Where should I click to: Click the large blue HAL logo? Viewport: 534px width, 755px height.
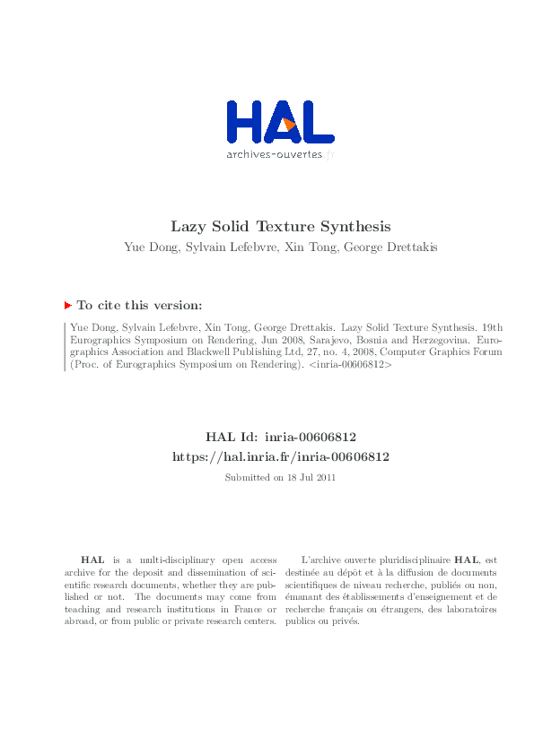[280, 121]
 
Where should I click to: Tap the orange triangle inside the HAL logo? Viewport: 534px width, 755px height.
[288, 125]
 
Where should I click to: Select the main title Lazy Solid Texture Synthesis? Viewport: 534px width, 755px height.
[281, 227]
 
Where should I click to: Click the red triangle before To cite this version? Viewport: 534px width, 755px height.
[68, 306]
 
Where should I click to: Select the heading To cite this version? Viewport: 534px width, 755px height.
[139, 306]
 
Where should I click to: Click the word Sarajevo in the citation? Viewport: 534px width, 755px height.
[351, 342]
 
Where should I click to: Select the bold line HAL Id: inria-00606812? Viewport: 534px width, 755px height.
[281, 437]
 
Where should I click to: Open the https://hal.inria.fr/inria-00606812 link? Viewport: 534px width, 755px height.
[281, 456]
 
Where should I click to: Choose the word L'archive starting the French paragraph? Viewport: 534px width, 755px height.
[324, 560]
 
